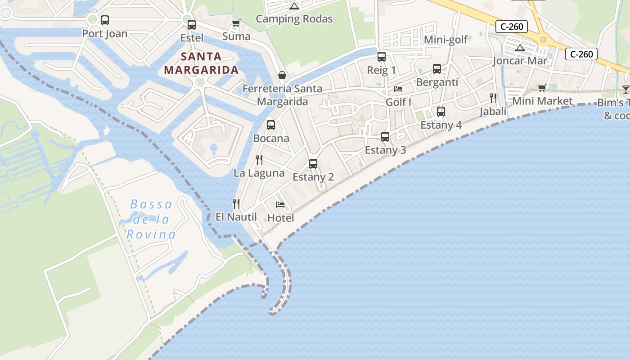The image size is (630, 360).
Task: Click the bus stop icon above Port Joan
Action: pyautogui.click(x=105, y=20)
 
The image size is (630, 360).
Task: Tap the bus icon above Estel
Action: pyautogui.click(x=192, y=25)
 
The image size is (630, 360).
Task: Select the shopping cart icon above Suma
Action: pyautogui.click(x=236, y=23)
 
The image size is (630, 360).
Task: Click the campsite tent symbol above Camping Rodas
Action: pyautogui.click(x=294, y=6)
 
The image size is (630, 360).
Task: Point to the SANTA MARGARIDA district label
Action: pyautogui.click(x=201, y=63)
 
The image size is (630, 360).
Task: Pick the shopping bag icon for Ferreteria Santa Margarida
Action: pyautogui.click(x=282, y=75)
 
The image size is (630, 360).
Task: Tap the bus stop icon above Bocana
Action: pyautogui.click(x=270, y=125)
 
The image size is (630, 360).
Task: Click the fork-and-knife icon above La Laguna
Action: pyautogui.click(x=259, y=159)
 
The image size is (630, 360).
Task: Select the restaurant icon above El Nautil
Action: pyautogui.click(x=236, y=203)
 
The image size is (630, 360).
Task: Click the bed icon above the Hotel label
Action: pyautogui.click(x=280, y=204)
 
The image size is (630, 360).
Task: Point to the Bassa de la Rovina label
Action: pyautogui.click(x=151, y=220)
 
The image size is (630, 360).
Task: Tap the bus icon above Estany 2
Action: pyautogui.click(x=313, y=164)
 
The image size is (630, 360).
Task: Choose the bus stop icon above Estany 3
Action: pyautogui.click(x=385, y=137)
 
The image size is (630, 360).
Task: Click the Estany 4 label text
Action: pyautogui.click(x=441, y=125)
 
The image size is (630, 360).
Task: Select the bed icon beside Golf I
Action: pyautogui.click(x=398, y=89)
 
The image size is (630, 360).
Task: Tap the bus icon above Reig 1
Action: pyautogui.click(x=382, y=57)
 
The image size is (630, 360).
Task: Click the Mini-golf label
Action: pyautogui.click(x=446, y=40)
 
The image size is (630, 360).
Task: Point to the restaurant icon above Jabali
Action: pyautogui.click(x=493, y=98)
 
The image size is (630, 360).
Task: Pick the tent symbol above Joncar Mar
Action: pyautogui.click(x=520, y=48)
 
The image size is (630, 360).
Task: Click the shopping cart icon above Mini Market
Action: pyautogui.click(x=542, y=88)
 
